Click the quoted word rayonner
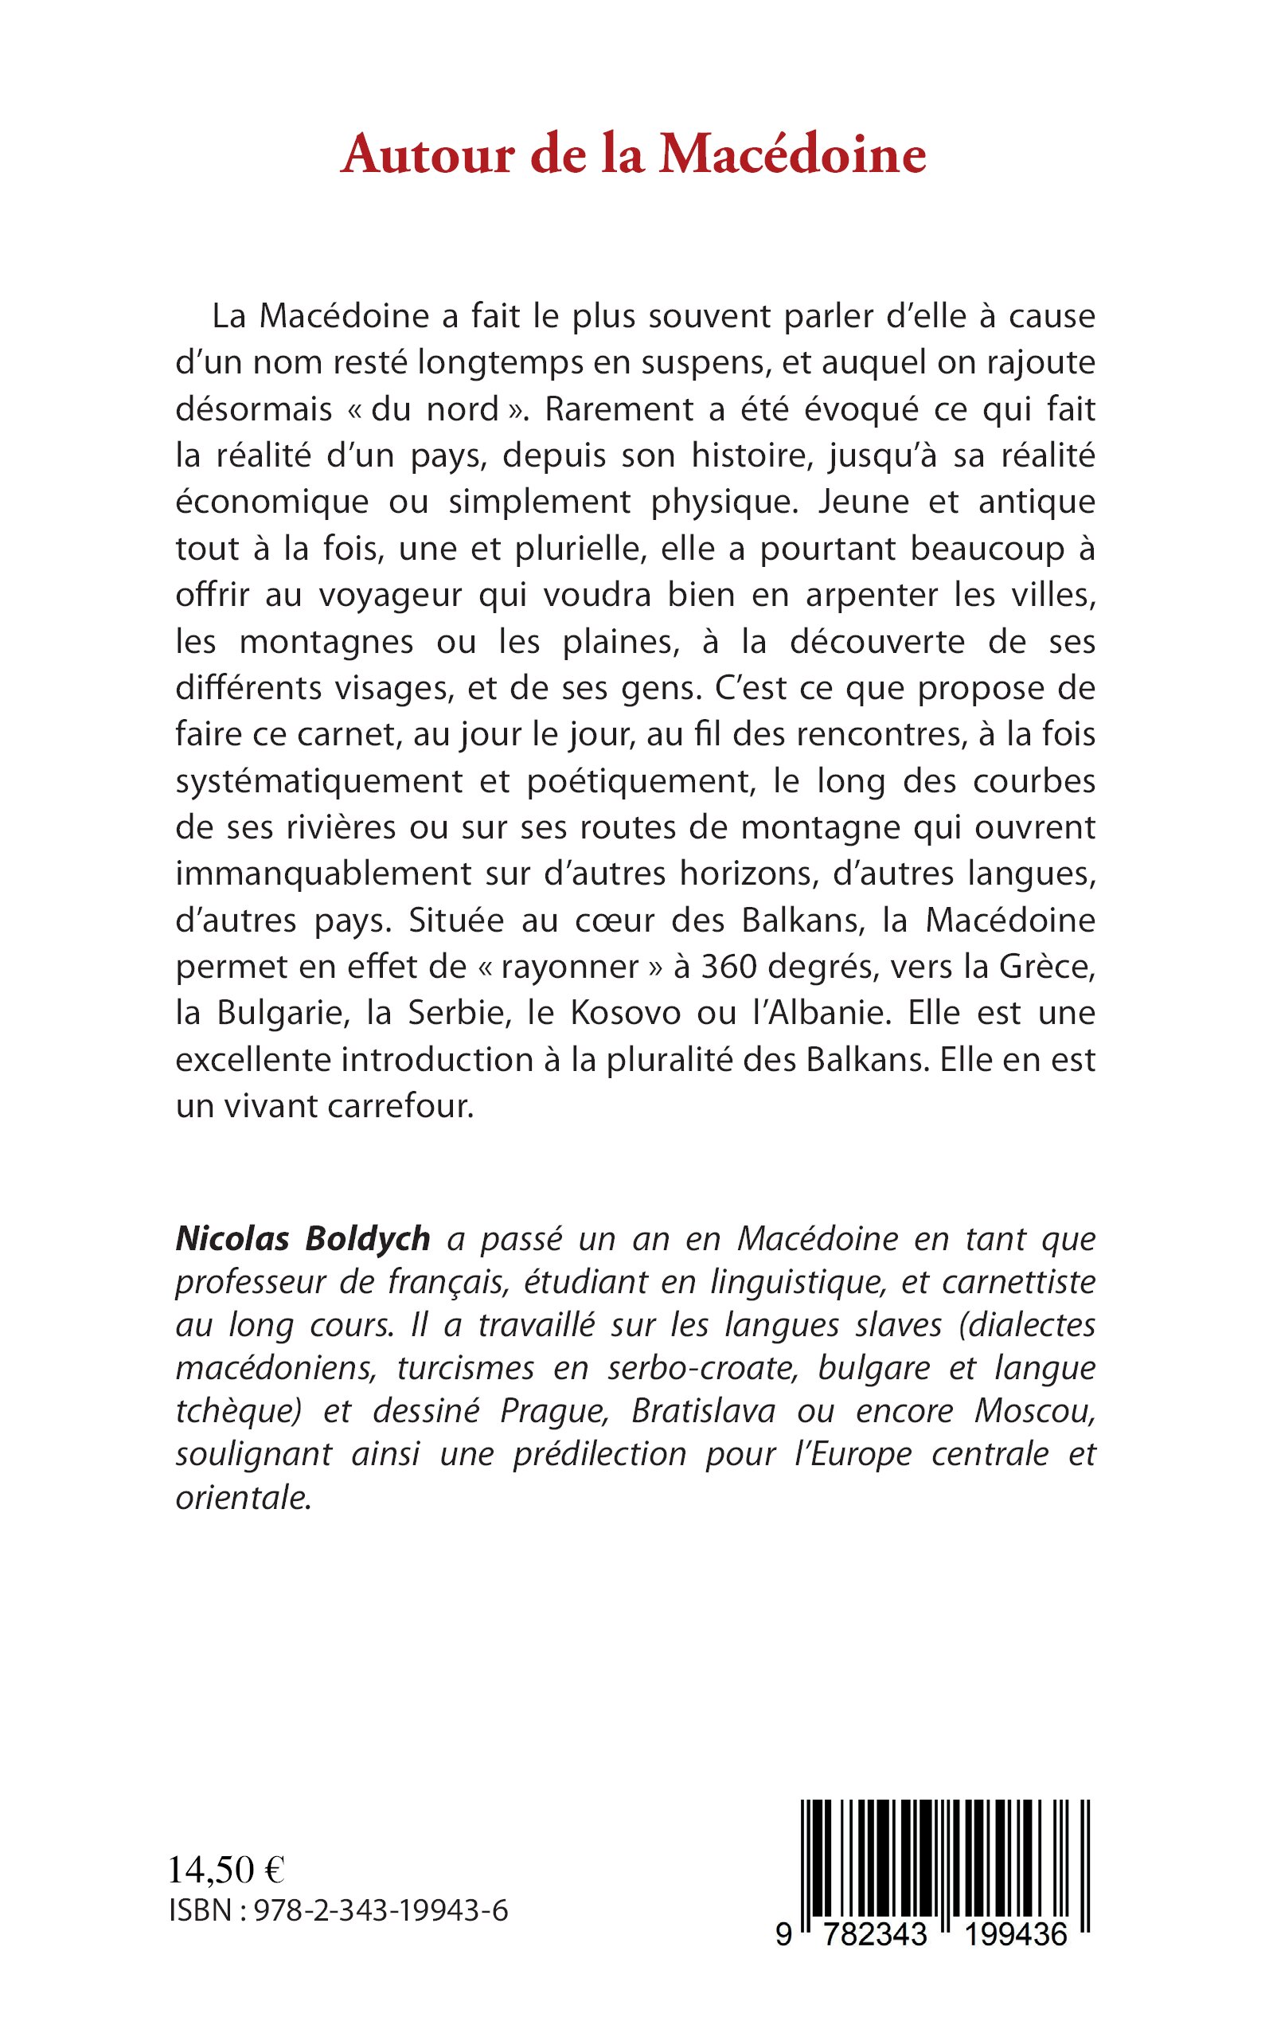(x=571, y=967)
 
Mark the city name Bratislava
(x=703, y=1411)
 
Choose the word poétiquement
(x=637, y=781)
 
